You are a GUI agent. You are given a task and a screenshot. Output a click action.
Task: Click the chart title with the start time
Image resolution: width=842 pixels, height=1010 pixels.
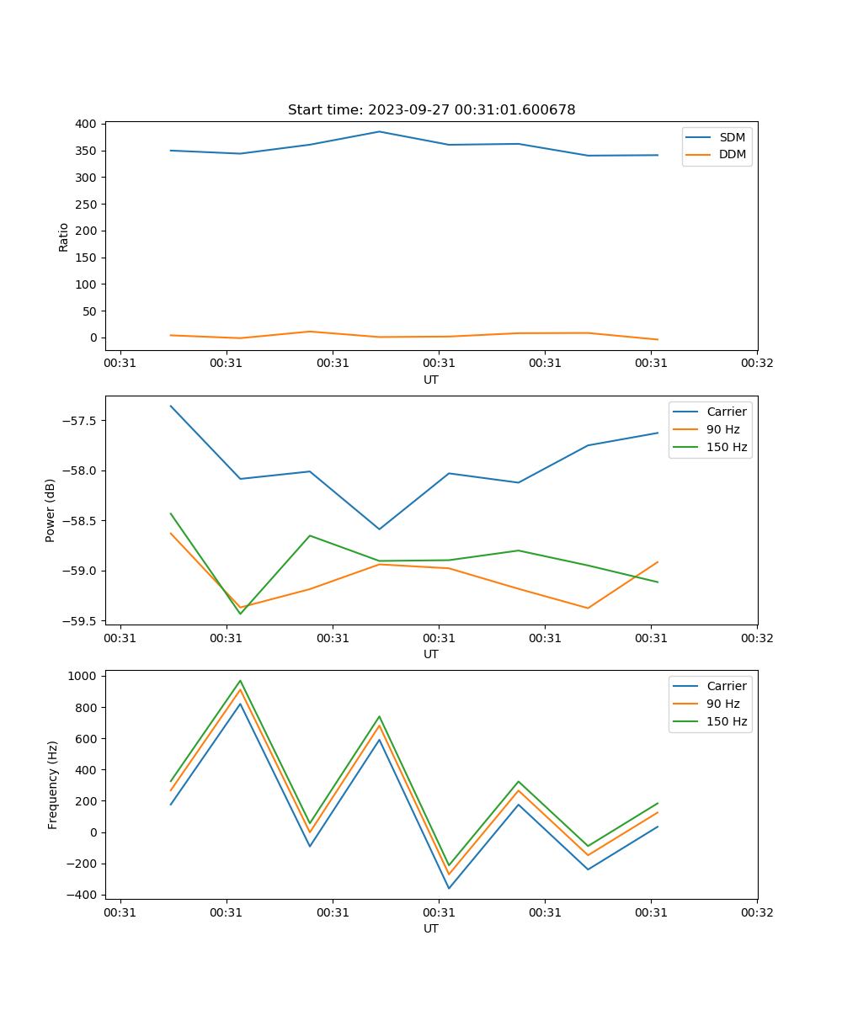(431, 110)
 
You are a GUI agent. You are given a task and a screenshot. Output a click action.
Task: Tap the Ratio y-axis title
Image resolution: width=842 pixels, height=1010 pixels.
(64, 237)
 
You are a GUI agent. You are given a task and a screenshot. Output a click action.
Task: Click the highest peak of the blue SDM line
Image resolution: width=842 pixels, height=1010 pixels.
(379, 131)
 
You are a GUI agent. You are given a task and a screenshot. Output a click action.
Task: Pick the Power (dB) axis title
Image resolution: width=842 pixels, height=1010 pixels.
(51, 510)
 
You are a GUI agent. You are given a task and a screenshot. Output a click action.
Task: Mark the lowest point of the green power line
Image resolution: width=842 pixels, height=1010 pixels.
(240, 614)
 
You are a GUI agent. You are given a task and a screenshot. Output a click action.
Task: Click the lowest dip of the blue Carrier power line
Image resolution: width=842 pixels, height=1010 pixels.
(379, 529)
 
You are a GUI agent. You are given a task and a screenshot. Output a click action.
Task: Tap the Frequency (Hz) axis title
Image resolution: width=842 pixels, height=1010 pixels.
(52, 784)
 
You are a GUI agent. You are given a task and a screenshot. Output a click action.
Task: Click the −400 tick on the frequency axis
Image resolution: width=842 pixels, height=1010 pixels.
(82, 895)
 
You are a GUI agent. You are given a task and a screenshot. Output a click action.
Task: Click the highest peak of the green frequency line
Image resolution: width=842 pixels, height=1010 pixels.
(240, 680)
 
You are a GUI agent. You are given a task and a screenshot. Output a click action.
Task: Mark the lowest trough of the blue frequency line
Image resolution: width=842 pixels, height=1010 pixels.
(449, 888)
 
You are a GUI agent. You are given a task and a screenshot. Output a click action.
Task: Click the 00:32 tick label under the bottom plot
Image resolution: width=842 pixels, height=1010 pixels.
(757, 912)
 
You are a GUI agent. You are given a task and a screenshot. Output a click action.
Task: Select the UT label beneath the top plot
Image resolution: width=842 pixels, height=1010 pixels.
(431, 380)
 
